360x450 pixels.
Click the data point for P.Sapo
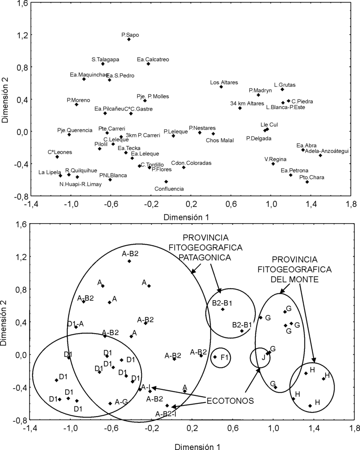pyautogui.click(x=129, y=39)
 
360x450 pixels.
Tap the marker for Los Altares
pyautogui.click(x=221, y=87)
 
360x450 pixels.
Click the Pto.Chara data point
pyautogui.click(x=307, y=182)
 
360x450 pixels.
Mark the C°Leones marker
pyautogui.click(x=57, y=157)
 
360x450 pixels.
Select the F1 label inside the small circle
pyautogui.click(x=224, y=357)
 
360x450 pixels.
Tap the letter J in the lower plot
pyautogui.click(x=263, y=357)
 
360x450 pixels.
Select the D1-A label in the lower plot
pyautogui.click(x=75, y=324)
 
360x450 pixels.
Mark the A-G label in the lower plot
pyautogui.click(x=121, y=401)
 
